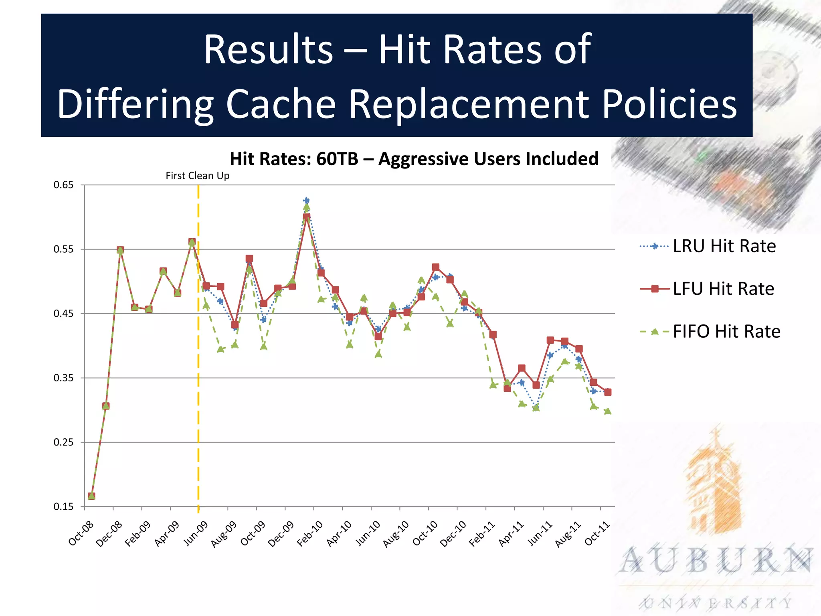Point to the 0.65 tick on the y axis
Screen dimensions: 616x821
(x=64, y=185)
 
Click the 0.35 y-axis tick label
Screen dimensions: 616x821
(x=64, y=378)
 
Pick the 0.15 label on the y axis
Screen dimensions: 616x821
(x=64, y=507)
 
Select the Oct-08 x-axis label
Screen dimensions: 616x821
(x=81, y=533)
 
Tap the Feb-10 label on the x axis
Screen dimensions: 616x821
(x=310, y=533)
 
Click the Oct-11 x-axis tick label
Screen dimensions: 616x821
(x=597, y=533)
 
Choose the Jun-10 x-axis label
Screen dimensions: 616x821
(x=368, y=533)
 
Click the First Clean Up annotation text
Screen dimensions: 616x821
(x=198, y=176)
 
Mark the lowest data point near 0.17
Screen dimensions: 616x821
(x=91, y=496)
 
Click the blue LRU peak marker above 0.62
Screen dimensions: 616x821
(x=307, y=200)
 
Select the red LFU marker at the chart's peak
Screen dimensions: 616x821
(x=307, y=217)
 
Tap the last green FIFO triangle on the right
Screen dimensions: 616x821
(x=608, y=411)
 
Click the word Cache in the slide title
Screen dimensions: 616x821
(x=281, y=103)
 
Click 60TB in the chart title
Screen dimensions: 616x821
(x=337, y=159)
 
